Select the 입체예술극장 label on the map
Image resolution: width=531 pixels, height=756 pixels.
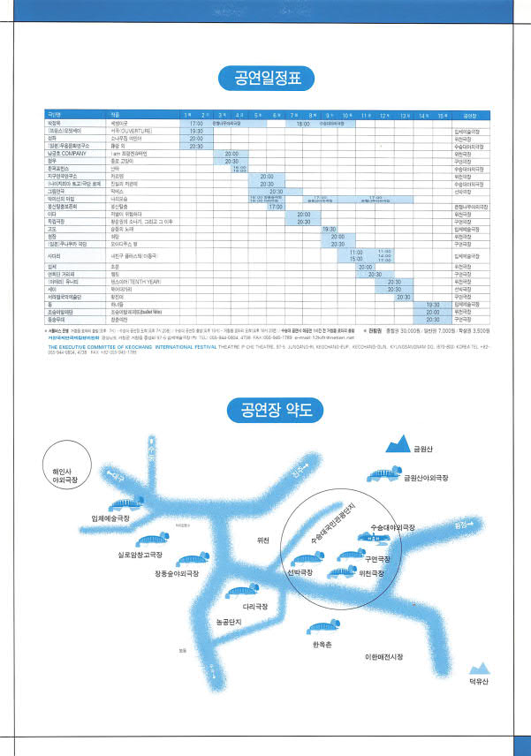pyautogui.click(x=117, y=518)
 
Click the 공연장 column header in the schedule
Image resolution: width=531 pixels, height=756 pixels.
pyautogui.click(x=470, y=116)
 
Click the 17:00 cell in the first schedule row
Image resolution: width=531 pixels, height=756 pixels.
pyautogui.click(x=196, y=124)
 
